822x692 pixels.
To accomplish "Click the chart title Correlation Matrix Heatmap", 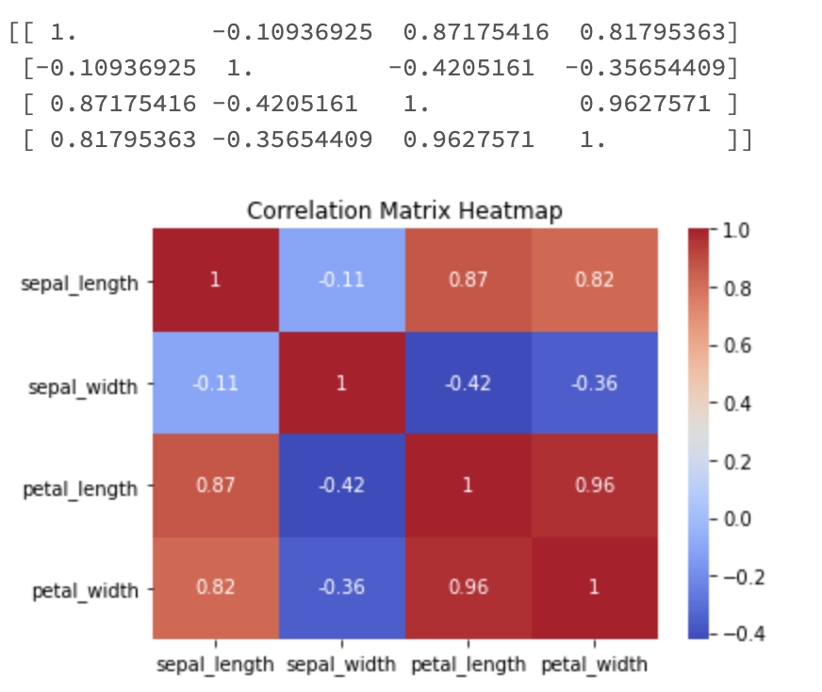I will (404, 210).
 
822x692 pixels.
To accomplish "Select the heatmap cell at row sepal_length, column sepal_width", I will (341, 280).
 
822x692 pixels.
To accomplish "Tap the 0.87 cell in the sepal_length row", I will (469, 280).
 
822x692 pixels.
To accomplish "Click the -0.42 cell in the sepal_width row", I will (469, 383).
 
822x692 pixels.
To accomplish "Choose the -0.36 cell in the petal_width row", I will (341, 587).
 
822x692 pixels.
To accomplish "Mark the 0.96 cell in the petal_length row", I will (594, 486).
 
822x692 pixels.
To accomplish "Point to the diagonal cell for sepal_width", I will (341, 383).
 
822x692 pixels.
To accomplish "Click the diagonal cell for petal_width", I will (594, 587).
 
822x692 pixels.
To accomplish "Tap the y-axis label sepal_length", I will (79, 282).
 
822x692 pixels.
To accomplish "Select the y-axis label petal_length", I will (79, 488).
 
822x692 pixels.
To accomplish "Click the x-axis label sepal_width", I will (341, 664).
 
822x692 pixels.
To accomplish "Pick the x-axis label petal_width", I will (594, 664).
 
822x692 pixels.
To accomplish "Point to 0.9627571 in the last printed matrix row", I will (469, 140).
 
